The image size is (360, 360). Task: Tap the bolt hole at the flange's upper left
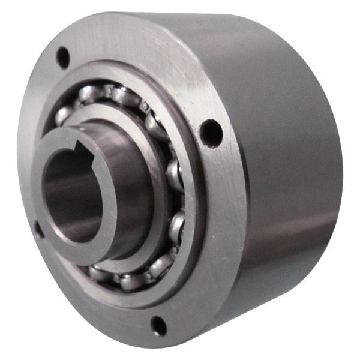(62, 58)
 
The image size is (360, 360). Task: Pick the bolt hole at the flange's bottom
(158, 325)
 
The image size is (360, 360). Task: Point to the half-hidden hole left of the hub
(37, 228)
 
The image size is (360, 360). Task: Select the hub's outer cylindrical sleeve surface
(129, 180)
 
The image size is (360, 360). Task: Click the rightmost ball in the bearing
(175, 174)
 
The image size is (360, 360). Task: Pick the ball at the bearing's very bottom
(129, 280)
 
